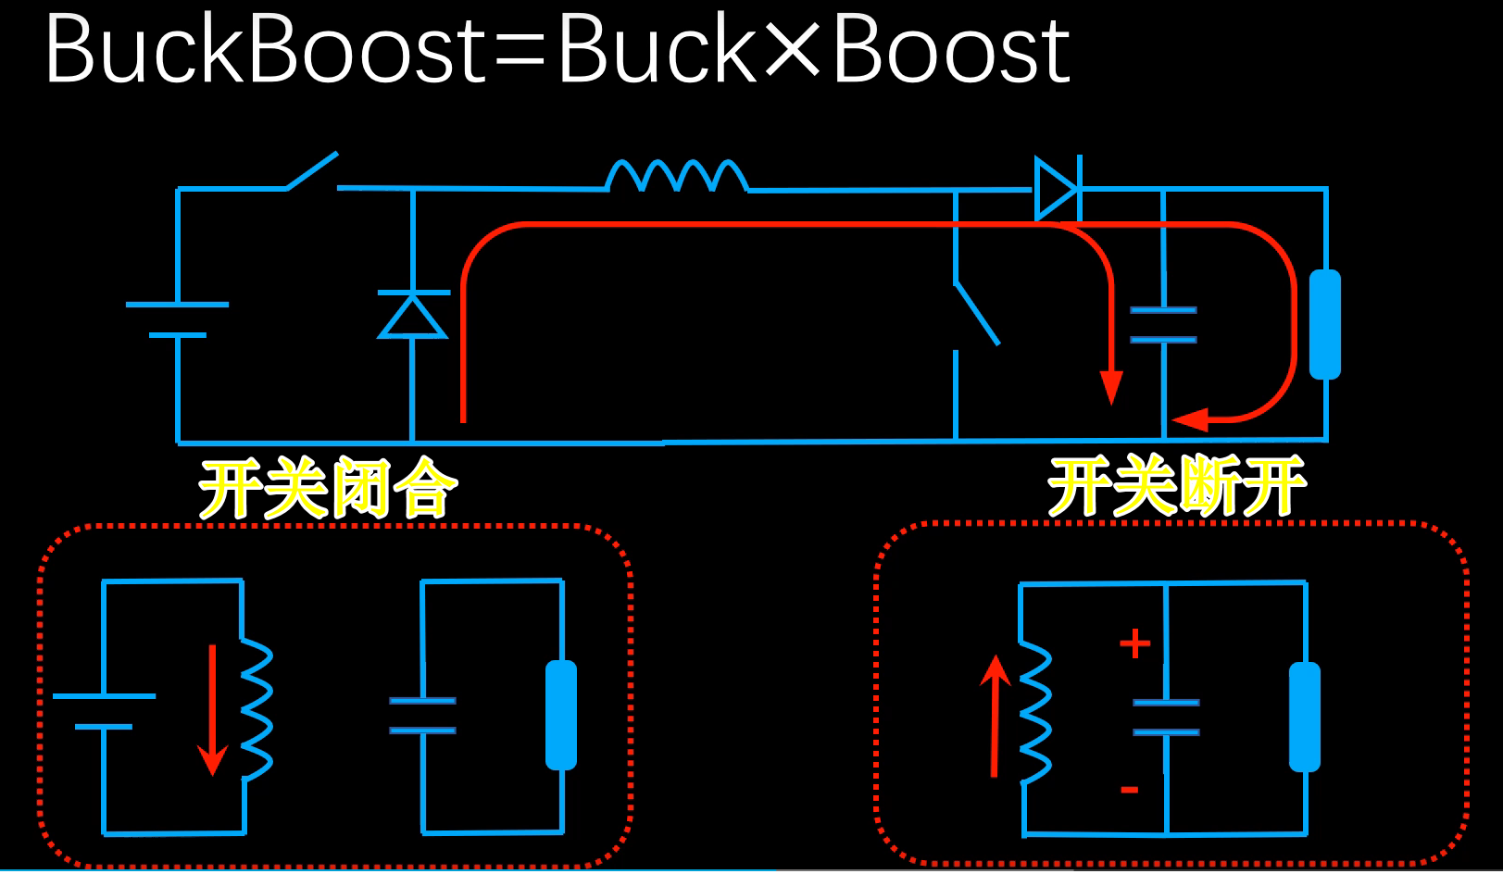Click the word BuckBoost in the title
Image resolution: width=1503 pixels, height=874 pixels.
264,51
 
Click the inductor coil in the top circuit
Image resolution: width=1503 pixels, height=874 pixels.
677,176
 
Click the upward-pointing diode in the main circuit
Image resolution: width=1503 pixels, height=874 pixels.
412,316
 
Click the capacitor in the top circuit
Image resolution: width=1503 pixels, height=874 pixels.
1163,325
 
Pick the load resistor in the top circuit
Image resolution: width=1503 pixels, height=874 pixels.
1325,324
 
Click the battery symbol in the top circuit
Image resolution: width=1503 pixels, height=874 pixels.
177,319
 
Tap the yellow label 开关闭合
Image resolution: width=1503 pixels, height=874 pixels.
328,488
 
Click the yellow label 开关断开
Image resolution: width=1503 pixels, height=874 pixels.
1176,486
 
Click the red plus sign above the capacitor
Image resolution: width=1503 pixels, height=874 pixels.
1134,643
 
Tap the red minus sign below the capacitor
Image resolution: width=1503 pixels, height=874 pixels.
1130,790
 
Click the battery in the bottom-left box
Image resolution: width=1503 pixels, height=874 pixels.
104,711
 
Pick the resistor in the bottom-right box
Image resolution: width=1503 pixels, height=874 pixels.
1305,717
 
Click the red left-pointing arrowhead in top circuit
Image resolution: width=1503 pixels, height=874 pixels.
1191,420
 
